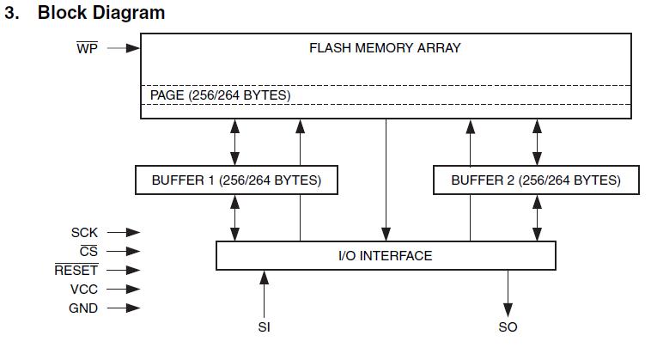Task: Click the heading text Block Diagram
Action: tap(101, 13)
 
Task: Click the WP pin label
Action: tap(87, 48)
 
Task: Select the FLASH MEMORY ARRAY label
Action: tap(385, 48)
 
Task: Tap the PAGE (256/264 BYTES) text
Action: tap(220, 95)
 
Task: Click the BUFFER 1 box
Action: tap(236, 180)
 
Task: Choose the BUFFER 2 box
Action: tap(535, 180)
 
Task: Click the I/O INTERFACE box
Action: tap(385, 255)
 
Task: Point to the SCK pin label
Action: tap(84, 232)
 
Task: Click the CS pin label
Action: tap(88, 251)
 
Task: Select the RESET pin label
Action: tap(76, 270)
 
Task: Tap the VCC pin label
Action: tap(83, 290)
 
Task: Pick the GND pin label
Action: tap(83, 308)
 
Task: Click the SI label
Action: tap(264, 327)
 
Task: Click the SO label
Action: tap(508, 327)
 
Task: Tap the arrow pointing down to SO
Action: tap(508, 292)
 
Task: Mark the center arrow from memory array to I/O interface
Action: tap(385, 180)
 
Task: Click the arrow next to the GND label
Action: tap(123, 308)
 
